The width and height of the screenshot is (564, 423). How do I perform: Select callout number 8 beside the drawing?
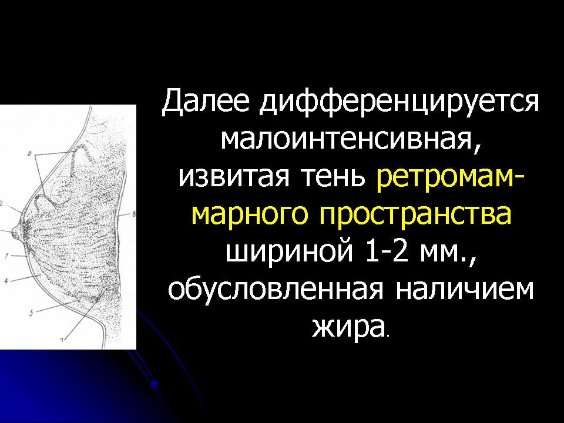tap(134, 214)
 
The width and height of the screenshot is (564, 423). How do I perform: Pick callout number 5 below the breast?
tap(31, 313)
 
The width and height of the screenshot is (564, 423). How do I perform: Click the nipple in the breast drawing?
tap(16, 231)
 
